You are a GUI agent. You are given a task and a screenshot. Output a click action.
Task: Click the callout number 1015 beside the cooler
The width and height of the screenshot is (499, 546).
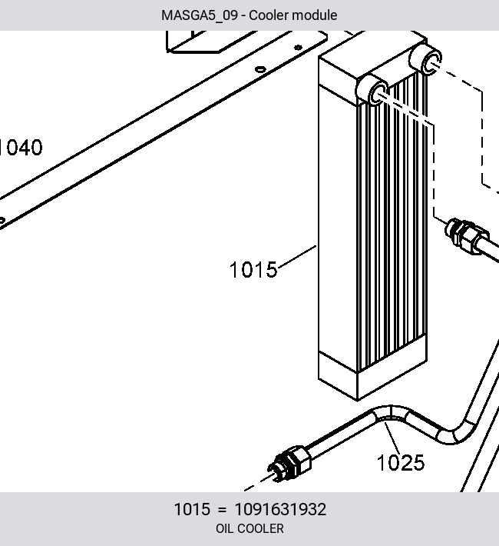(x=253, y=270)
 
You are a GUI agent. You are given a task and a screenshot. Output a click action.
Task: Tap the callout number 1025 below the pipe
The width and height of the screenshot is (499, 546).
(x=401, y=463)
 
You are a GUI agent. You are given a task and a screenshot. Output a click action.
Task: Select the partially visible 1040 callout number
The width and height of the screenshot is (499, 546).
(x=21, y=148)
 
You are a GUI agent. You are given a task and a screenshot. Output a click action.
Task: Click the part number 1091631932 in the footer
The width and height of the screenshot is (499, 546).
(x=281, y=509)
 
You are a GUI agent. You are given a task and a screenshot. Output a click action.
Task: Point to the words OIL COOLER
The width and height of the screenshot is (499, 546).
(x=249, y=528)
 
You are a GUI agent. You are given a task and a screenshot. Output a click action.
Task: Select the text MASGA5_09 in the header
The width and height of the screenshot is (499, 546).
(x=200, y=15)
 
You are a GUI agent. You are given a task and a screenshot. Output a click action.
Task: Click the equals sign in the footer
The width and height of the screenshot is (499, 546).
(x=222, y=510)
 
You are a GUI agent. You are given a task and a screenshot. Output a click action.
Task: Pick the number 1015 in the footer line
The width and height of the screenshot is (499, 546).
(x=192, y=509)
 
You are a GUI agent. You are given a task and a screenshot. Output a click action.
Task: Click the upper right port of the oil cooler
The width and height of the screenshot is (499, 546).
(x=426, y=58)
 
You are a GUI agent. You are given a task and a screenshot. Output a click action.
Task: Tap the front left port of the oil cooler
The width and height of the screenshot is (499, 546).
(x=373, y=91)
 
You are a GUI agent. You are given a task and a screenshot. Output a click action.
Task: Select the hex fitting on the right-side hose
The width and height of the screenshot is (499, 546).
(x=467, y=235)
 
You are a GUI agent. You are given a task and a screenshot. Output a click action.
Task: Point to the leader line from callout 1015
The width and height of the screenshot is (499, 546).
(x=297, y=257)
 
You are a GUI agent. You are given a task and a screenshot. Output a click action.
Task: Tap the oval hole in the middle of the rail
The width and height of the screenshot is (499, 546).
(x=260, y=69)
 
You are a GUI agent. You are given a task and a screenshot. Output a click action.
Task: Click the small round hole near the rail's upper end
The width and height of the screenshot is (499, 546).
(x=298, y=48)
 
